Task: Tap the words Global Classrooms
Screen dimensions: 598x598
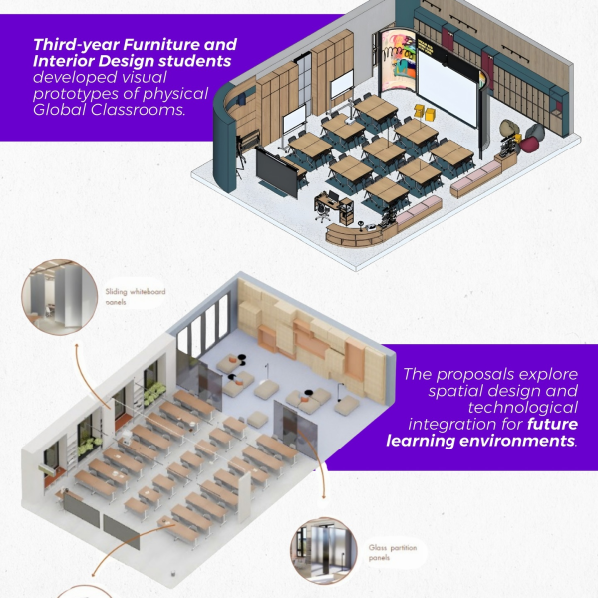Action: pyautogui.click(x=109, y=110)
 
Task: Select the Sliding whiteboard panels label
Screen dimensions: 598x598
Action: pyautogui.click(x=136, y=297)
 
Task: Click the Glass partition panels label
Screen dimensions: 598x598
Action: pyautogui.click(x=393, y=552)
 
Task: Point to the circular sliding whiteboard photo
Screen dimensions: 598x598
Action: pyautogui.click(x=60, y=297)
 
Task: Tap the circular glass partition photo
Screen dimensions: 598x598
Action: pyautogui.click(x=324, y=551)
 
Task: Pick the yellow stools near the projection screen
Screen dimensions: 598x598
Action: pyautogui.click(x=425, y=112)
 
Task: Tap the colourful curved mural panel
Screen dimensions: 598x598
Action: pyautogui.click(x=398, y=62)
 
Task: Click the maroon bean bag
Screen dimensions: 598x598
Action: pyautogui.click(x=530, y=145)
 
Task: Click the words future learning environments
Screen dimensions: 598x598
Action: pyautogui.click(x=481, y=432)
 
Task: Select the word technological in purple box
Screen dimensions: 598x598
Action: pyautogui.click(x=523, y=407)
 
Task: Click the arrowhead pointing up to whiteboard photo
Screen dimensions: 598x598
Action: pyautogui.click(x=77, y=345)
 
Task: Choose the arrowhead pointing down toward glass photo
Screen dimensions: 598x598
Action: pyautogui.click(x=324, y=496)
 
